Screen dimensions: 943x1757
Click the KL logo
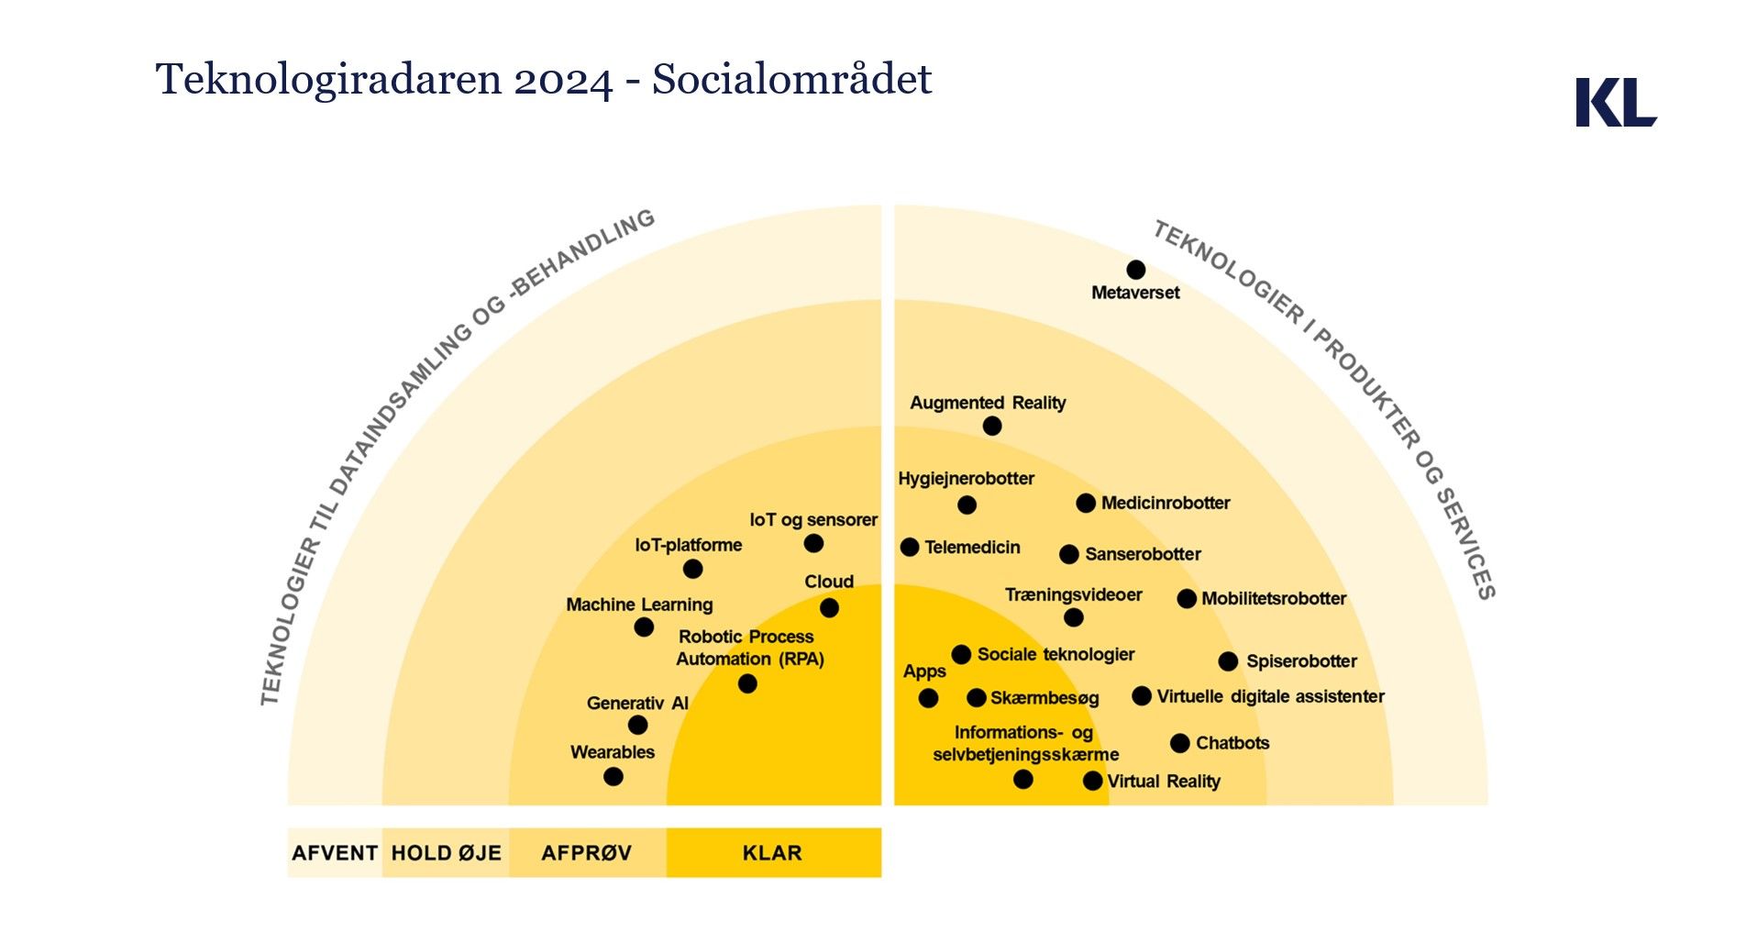(x=1615, y=102)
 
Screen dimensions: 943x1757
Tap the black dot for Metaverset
(x=1135, y=270)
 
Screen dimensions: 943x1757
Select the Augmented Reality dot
(x=991, y=426)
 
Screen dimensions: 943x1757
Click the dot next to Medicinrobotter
(x=1086, y=503)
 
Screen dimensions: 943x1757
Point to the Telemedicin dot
(x=910, y=547)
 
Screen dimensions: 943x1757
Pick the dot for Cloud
(x=829, y=607)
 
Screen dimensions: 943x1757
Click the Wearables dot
(x=613, y=777)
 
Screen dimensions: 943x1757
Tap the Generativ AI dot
(x=637, y=726)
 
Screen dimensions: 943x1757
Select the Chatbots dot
(x=1180, y=743)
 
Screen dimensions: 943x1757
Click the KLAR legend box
(x=773, y=853)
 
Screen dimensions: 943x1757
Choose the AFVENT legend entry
(x=335, y=853)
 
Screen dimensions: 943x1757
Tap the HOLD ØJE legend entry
(x=446, y=853)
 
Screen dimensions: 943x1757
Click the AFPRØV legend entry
(x=587, y=853)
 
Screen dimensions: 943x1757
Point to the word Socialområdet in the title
(x=791, y=80)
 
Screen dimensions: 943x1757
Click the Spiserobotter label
(x=1301, y=661)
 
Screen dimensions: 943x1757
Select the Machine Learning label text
(x=639, y=605)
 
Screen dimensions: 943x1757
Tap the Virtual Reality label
(x=1164, y=782)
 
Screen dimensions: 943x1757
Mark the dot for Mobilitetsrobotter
(x=1187, y=599)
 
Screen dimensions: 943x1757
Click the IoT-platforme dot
(x=693, y=569)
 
